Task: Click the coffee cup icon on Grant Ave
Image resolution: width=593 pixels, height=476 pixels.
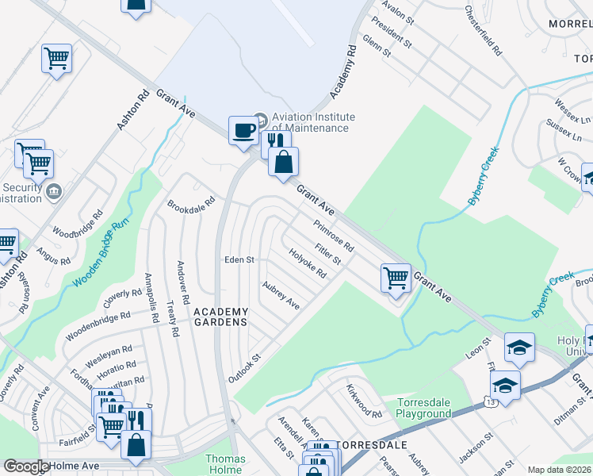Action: pos(243,129)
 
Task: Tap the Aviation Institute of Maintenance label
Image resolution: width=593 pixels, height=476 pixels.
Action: pos(313,122)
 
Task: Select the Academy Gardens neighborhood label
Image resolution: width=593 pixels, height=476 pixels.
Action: pos(221,317)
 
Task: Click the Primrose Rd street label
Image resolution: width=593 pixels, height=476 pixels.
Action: pos(333,236)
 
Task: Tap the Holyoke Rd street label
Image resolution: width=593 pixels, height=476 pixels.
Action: pos(308,264)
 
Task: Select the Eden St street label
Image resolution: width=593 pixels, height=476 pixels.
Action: pos(239,259)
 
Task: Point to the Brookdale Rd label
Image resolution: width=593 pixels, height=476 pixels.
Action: pos(191,203)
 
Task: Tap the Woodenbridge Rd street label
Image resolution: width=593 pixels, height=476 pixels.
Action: pos(98,327)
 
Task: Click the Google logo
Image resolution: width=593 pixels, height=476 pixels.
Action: pos(26,466)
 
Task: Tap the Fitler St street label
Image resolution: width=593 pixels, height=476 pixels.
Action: pos(327,255)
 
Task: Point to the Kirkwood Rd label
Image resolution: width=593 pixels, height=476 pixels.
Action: pos(364,401)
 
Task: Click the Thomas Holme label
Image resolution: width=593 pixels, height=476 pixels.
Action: pos(226,464)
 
